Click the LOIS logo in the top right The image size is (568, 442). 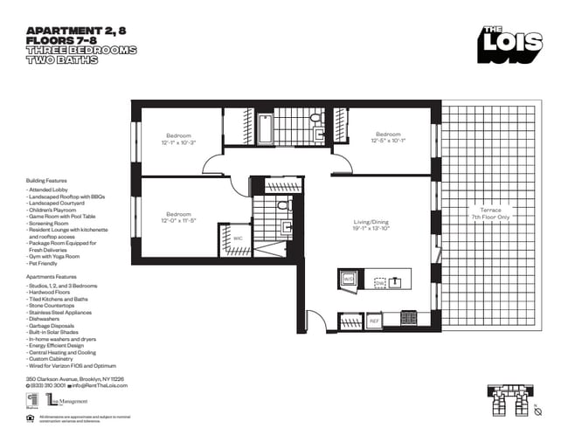509,44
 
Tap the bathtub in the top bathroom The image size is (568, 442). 265,129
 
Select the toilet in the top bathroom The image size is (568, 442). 315,120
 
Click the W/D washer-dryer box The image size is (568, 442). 347,279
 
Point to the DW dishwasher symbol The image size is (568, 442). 378,283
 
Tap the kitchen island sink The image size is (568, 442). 396,281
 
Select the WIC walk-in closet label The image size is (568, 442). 238,238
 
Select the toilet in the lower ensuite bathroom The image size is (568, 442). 283,206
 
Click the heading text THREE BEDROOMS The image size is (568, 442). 81,51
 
